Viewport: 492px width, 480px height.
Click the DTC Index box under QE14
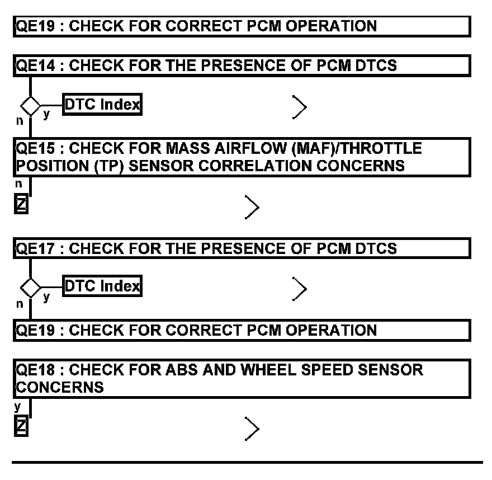[102, 104]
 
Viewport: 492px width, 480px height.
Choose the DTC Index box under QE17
[102, 286]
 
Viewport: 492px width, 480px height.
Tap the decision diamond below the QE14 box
[30, 105]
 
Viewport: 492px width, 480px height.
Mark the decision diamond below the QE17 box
[30, 288]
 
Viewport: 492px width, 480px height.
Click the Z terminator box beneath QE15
[20, 206]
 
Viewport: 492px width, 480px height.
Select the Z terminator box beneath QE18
[20, 427]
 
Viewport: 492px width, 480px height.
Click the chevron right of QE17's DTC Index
[299, 288]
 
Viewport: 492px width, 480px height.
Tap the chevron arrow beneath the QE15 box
[252, 208]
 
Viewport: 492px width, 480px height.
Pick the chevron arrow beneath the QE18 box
[252, 429]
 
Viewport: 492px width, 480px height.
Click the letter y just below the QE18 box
[17, 406]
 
